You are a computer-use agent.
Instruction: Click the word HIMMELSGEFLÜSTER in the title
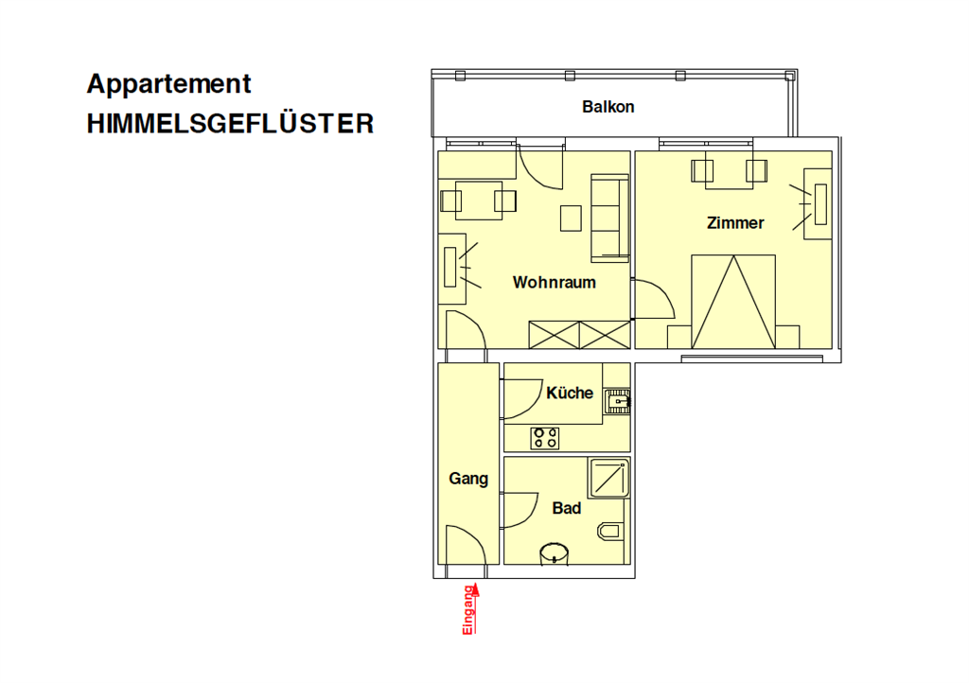[230, 124]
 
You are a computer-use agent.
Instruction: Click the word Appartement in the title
[168, 84]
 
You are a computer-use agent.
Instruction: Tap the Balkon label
[608, 107]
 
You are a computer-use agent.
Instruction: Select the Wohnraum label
[555, 282]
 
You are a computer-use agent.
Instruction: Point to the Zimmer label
[735, 223]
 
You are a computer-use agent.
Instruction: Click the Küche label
[569, 393]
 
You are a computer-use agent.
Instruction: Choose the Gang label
[468, 479]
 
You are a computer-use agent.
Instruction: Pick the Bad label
[567, 508]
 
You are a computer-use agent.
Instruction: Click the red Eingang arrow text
[469, 609]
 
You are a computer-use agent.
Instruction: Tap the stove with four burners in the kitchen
[545, 438]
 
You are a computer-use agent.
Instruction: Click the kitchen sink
[617, 401]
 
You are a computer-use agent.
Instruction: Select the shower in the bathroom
[609, 478]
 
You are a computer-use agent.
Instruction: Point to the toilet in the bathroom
[610, 531]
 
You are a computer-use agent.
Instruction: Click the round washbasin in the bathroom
[555, 553]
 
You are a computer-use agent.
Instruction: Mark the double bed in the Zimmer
[733, 302]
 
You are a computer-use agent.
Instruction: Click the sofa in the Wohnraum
[610, 218]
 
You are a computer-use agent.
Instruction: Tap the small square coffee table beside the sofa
[571, 218]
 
